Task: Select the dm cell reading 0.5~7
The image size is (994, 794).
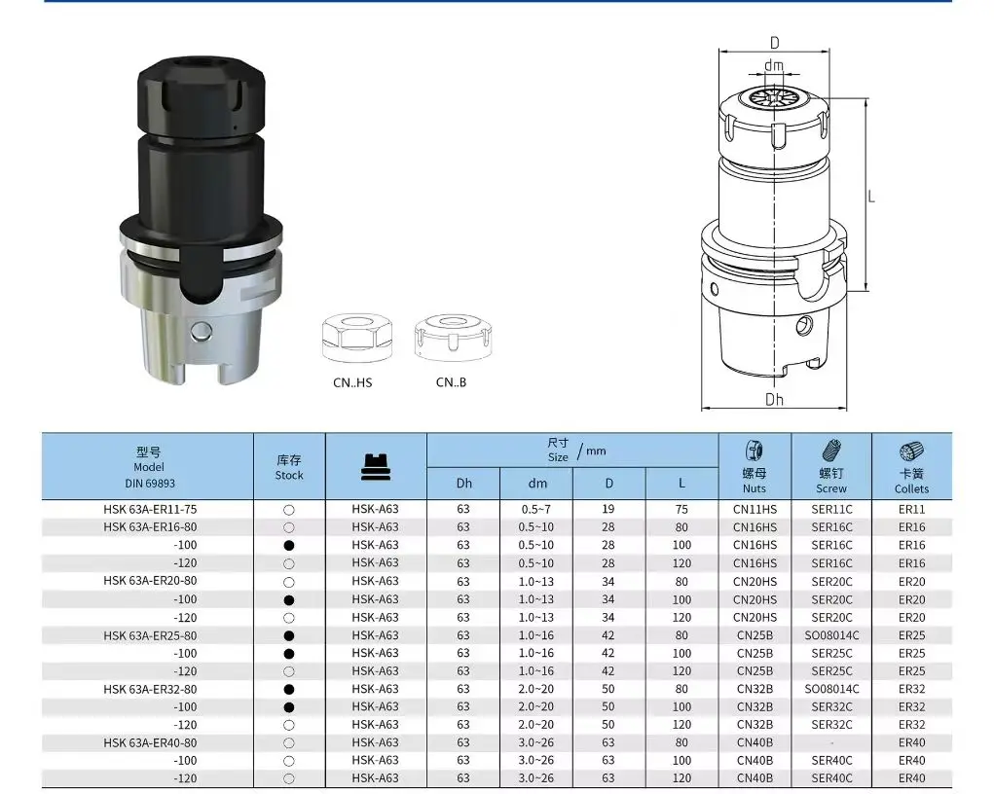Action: [536, 509]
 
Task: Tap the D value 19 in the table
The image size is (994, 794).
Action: [608, 509]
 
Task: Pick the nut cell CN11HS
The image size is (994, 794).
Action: [755, 509]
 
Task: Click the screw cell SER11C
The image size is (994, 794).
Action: [831, 509]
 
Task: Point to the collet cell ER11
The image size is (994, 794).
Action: [911, 509]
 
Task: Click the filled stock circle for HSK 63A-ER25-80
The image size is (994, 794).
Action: [289, 635]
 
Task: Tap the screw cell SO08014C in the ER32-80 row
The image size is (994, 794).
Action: [831, 689]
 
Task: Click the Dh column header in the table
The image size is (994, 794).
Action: [463, 483]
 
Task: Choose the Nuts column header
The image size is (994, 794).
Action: [755, 487]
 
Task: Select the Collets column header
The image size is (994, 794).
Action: [911, 488]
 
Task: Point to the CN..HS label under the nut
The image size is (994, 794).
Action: [352, 382]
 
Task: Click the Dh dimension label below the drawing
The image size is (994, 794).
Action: [774, 399]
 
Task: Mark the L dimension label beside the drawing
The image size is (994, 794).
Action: [871, 196]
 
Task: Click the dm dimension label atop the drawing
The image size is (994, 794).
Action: [774, 66]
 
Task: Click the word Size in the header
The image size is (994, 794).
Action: [558, 456]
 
